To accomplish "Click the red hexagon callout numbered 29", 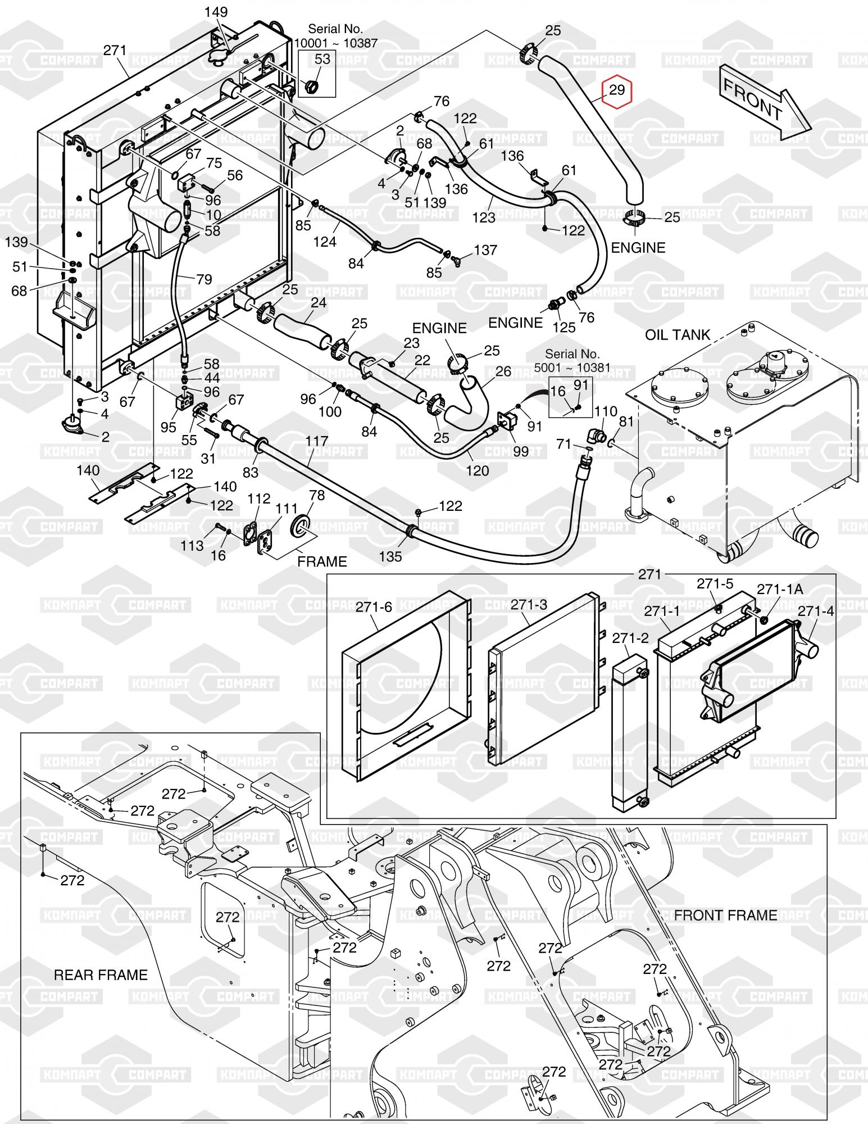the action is coord(617,90).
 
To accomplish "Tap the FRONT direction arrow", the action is coord(764,102).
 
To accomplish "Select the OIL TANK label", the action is coord(678,335).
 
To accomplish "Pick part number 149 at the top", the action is coord(216,12).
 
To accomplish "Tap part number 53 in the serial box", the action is coord(322,59).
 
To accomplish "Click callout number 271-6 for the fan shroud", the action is coord(374,607).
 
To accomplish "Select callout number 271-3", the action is coord(529,604).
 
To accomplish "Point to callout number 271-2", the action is coord(630,638).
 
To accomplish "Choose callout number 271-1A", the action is coord(780,589).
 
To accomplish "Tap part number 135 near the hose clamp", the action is coord(390,556).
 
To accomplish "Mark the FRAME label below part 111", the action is coord(322,561).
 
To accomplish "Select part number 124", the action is coord(325,242).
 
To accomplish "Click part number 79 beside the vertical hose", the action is coord(204,279).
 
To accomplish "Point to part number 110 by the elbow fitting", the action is coord(606,412).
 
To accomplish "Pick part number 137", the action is coord(485,250).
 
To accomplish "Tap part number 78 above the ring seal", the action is coord(317,495).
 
